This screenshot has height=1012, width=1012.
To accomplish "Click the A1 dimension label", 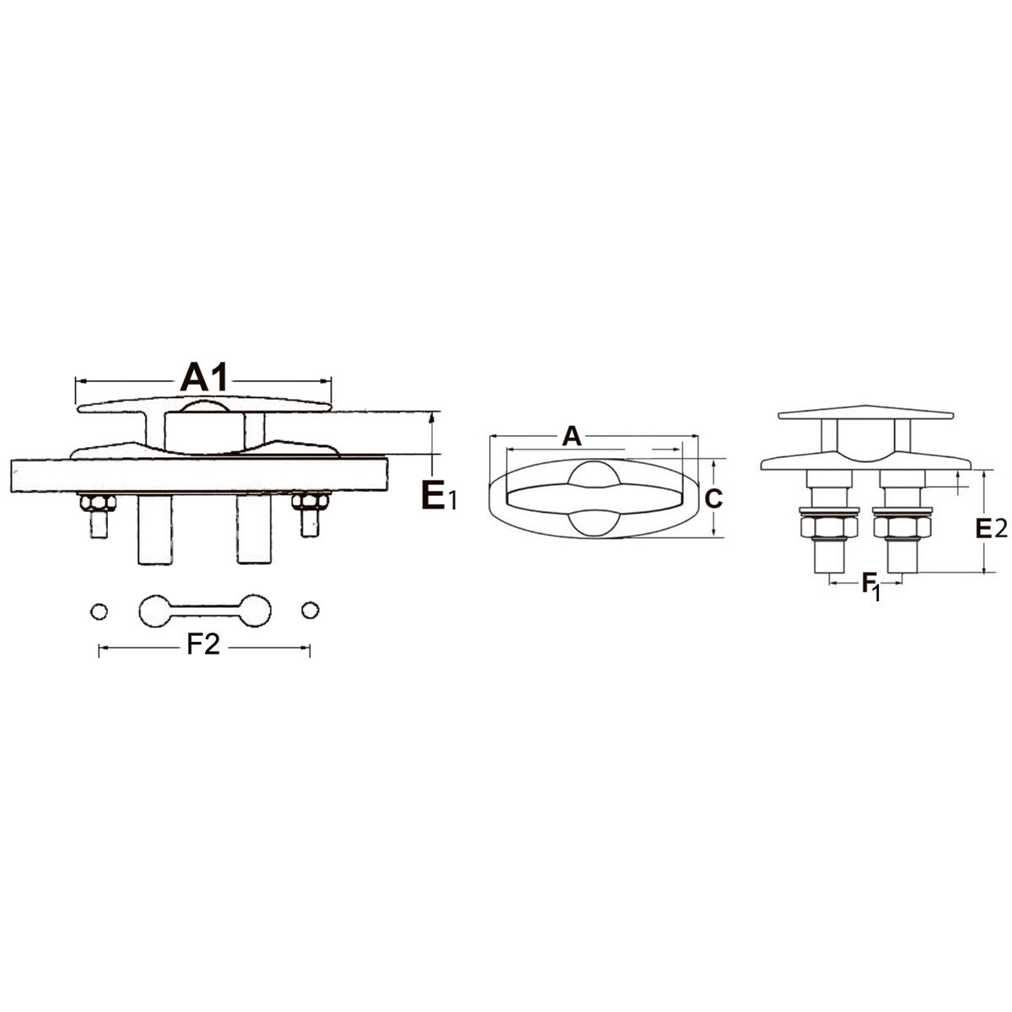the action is point(204,376).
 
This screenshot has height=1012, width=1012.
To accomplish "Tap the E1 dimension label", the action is point(439,494).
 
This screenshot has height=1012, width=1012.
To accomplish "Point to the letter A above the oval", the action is point(572,436).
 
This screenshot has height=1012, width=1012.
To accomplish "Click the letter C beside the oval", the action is point(713,499).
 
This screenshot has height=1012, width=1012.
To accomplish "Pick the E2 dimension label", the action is point(991,528).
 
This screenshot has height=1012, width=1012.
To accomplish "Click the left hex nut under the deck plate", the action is point(98,503).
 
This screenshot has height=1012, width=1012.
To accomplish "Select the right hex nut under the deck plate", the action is point(310,502).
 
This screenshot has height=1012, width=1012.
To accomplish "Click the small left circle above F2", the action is point(99,611).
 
